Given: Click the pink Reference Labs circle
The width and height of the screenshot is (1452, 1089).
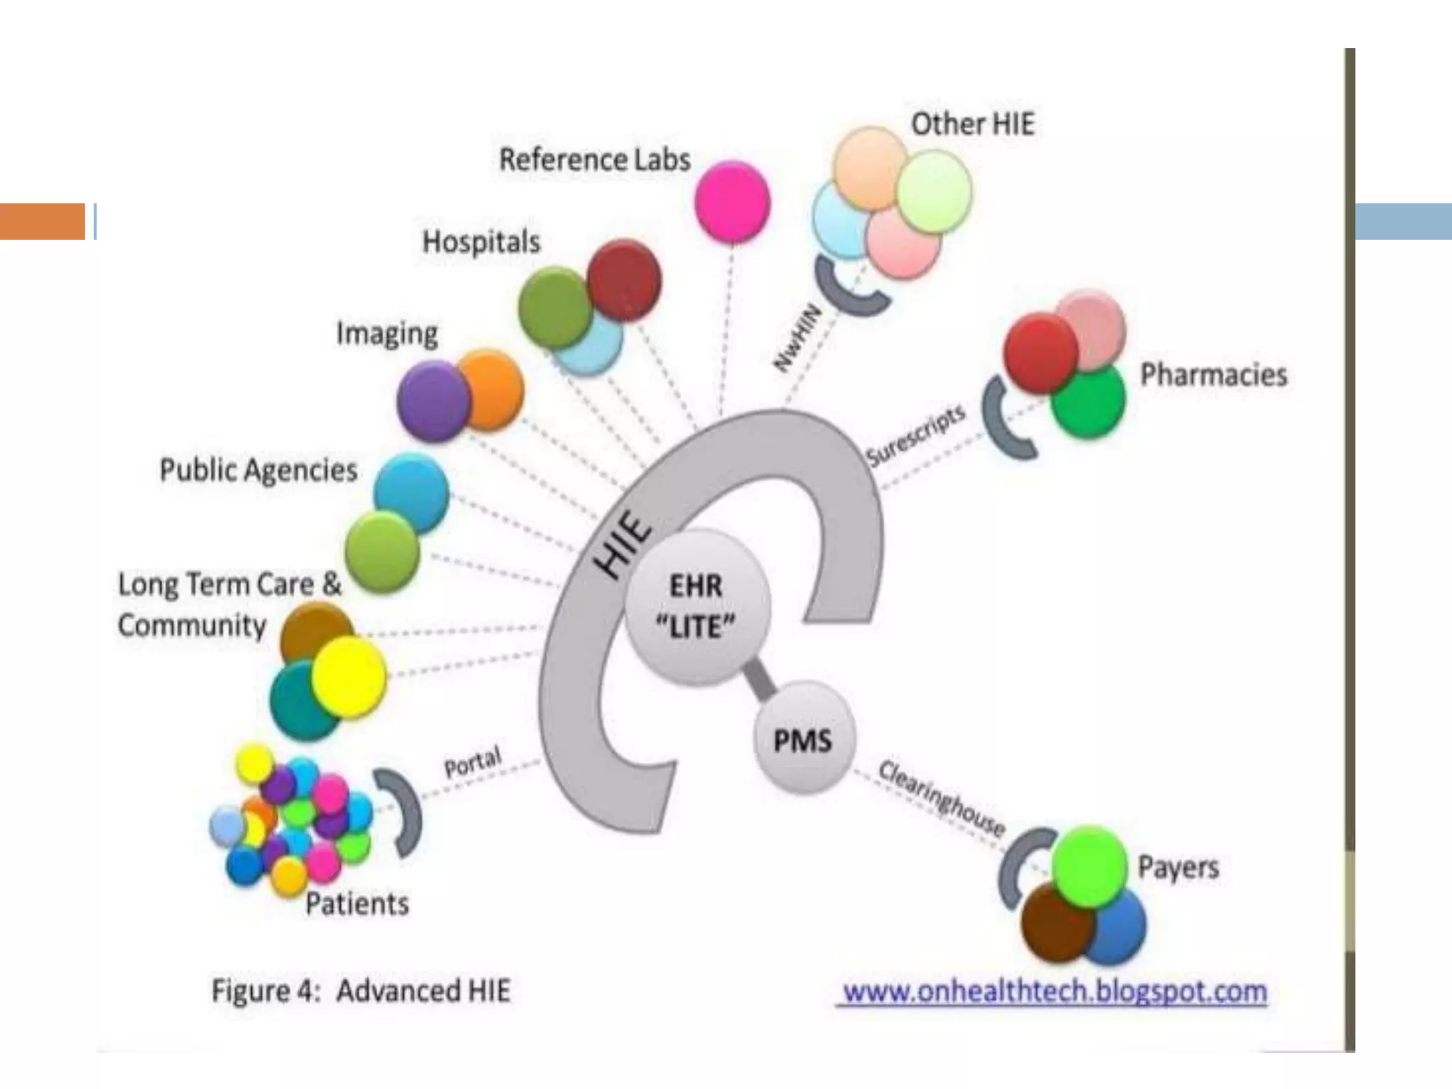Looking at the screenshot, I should (732, 201).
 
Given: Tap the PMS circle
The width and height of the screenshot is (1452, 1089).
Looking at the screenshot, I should (803, 739).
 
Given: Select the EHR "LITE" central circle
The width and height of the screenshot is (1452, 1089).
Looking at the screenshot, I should (696, 606).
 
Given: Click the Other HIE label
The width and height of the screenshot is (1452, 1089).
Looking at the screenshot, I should (972, 124).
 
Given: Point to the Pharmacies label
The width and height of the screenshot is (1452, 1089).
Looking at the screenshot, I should (1213, 374).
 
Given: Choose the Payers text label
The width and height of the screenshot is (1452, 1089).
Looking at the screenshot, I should (1178, 867).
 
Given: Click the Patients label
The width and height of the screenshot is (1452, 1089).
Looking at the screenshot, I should (357, 903).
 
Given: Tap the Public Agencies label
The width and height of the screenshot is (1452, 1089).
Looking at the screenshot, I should (258, 470).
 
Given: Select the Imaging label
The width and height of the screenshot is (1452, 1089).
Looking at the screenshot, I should (386, 333).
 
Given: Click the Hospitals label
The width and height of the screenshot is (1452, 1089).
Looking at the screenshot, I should (481, 242).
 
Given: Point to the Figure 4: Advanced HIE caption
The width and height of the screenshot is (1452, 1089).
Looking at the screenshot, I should (361, 990).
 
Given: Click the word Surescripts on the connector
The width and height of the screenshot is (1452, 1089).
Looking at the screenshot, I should (915, 435).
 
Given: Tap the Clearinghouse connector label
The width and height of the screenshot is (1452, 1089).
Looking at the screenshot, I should (942, 798).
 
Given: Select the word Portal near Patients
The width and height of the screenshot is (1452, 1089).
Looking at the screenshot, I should (472, 761).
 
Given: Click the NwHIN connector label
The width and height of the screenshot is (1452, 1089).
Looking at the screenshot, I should (797, 338).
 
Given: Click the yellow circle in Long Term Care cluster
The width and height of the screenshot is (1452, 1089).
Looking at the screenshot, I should (349, 676).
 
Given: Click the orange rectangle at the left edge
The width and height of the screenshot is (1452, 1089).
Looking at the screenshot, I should (43, 221).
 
